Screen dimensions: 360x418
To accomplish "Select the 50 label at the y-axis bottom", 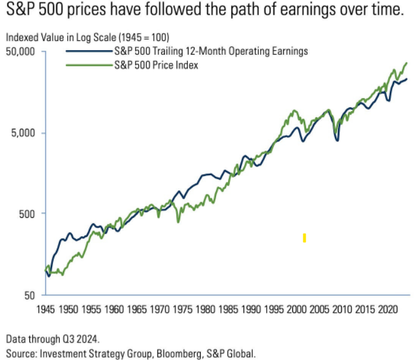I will (32, 295).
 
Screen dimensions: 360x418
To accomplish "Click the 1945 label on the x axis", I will (46, 310).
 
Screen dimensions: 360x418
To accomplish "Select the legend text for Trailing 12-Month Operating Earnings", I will (211, 51).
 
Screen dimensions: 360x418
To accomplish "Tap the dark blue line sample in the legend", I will (88, 52).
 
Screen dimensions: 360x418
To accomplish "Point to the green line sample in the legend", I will (88, 64).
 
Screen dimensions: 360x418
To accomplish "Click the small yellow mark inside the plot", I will (304, 238).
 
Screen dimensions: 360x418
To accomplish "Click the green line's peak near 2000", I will (295, 111).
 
